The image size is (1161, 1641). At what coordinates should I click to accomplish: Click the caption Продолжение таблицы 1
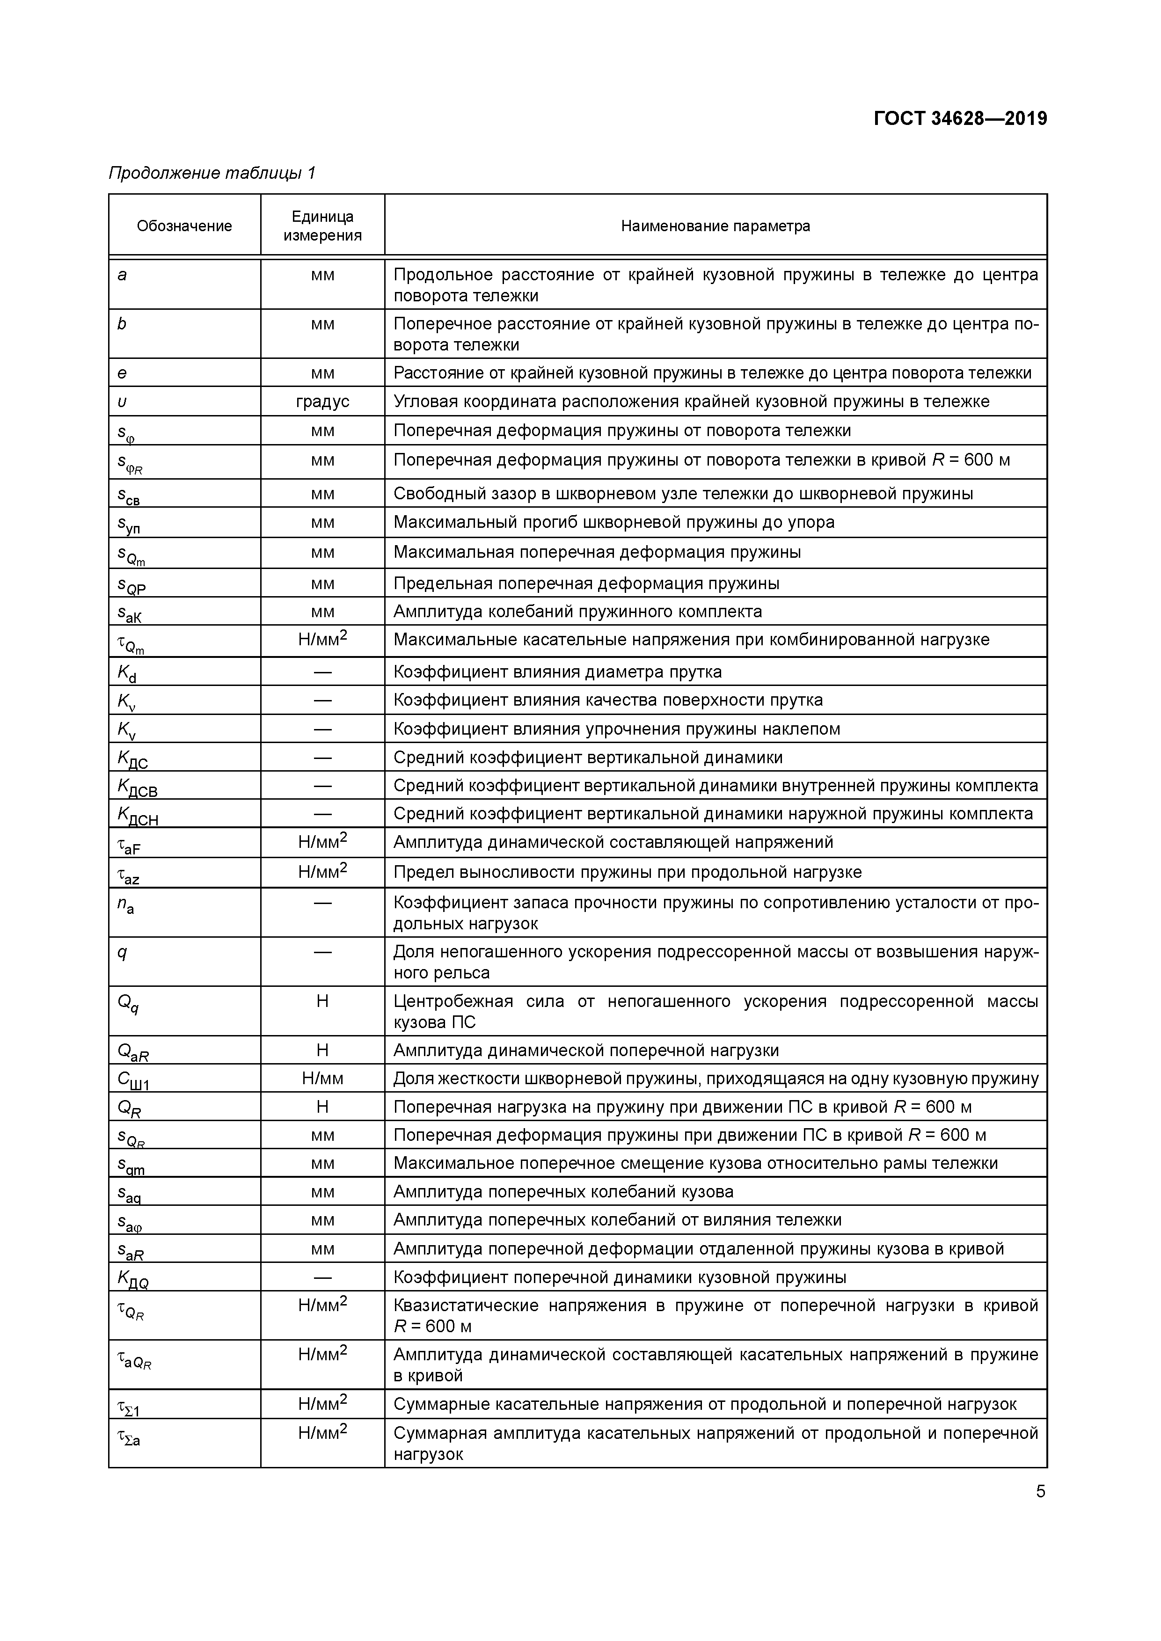(212, 173)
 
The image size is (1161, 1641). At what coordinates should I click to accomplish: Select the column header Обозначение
(184, 226)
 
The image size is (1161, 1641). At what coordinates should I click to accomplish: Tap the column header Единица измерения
(322, 226)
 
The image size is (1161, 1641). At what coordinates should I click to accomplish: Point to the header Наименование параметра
(715, 226)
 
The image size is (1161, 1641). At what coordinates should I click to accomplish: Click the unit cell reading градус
(322, 401)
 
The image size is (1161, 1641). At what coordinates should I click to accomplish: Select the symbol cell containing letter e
(122, 373)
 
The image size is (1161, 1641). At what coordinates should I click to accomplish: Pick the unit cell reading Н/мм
(322, 1079)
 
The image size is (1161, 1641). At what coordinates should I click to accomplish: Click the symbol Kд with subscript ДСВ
(137, 788)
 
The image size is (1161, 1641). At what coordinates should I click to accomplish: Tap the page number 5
(1040, 1492)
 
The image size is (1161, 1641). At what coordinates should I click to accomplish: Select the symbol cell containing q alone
(122, 953)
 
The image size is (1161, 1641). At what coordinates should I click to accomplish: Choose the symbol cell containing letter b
(122, 324)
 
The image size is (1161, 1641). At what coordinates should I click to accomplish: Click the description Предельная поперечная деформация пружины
(586, 583)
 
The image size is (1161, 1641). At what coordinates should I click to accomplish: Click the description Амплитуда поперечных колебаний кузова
(563, 1191)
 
